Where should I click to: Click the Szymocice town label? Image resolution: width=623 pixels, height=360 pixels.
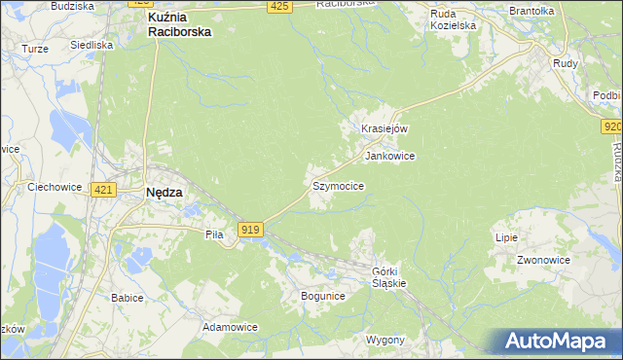(338, 185)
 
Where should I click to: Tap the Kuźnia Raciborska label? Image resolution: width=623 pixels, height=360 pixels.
(178, 24)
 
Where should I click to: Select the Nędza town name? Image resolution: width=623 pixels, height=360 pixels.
(164, 192)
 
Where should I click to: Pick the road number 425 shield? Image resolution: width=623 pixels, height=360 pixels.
(278, 7)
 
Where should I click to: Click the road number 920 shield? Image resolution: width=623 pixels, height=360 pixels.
(611, 127)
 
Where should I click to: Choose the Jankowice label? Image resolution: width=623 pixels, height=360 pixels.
(389, 156)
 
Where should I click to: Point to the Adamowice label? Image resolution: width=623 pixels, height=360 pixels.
(230, 327)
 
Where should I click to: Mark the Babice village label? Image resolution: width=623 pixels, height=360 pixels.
(128, 297)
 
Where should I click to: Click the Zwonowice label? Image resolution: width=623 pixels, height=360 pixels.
(542, 260)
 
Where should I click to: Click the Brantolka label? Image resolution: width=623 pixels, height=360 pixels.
(531, 11)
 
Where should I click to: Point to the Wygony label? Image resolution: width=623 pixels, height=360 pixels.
(385, 340)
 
